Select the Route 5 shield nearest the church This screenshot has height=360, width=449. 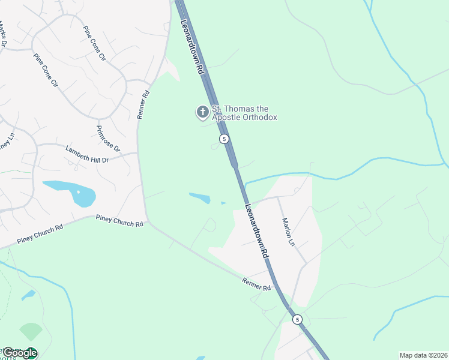coord(224,139)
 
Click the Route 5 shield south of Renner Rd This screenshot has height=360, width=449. coord(297,319)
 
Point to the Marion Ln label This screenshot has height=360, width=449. coord(288,232)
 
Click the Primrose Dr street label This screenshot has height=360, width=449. coord(108,139)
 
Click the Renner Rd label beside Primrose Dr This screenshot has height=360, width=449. coord(143,104)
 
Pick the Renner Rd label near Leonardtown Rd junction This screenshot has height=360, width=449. coord(257,284)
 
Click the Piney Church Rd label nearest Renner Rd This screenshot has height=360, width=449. coord(120,221)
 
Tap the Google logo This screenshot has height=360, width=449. coord(19,353)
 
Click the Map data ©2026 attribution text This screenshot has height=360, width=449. coord(423,355)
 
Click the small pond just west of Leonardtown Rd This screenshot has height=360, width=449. coord(200,197)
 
